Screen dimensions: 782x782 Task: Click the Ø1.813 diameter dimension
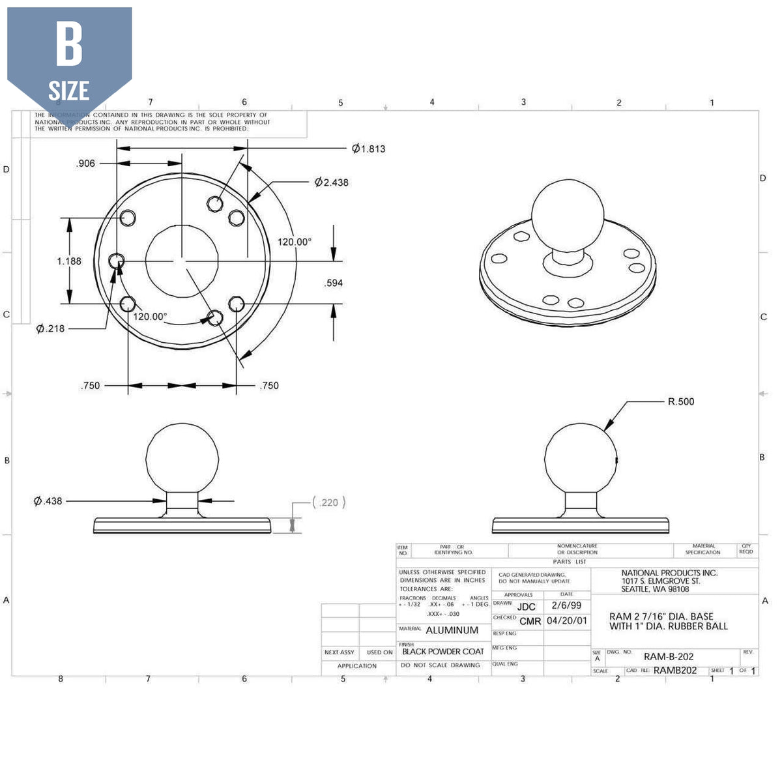pos(369,149)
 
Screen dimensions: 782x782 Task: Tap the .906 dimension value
pos(85,164)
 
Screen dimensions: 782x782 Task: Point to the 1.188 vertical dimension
pos(69,261)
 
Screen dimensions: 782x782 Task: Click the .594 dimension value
pos(334,283)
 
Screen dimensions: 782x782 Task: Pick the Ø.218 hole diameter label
pos(51,328)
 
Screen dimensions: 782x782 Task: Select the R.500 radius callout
pos(681,401)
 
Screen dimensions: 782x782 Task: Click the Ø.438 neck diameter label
pos(48,501)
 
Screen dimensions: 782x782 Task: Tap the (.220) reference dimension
pos(329,502)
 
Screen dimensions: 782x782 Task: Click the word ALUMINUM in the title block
pos(452,630)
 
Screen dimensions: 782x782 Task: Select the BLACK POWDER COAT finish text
pos(443,652)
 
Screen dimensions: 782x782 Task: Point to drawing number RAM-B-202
pos(669,657)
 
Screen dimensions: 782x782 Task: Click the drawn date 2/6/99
pos(566,605)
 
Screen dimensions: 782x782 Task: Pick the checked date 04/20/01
pos(567,621)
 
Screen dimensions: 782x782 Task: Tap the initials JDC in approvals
pos(526,607)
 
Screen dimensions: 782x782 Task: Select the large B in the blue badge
pos(69,44)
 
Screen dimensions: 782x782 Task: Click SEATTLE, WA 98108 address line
pos(655,589)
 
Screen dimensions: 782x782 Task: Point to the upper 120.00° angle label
pos(295,242)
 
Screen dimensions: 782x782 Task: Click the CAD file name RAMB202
pos(675,671)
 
